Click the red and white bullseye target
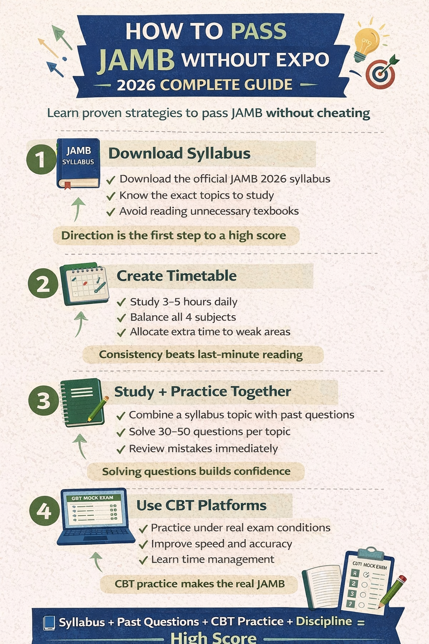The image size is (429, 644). tap(381, 73)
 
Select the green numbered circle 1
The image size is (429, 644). tap(41, 159)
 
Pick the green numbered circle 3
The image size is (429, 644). tap(44, 400)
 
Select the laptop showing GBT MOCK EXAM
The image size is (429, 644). tap(96, 517)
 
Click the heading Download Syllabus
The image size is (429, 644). tap(179, 153)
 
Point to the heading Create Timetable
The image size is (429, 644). tap(176, 276)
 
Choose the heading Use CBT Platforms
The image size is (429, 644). tap(202, 505)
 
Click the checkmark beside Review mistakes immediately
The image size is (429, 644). tap(121, 449)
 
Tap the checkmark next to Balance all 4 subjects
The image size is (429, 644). tap(121, 318)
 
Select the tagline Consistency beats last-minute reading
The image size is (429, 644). tap(201, 355)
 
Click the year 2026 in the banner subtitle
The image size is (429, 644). tap(136, 85)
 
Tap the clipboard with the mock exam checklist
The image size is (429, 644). tap(368, 580)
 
